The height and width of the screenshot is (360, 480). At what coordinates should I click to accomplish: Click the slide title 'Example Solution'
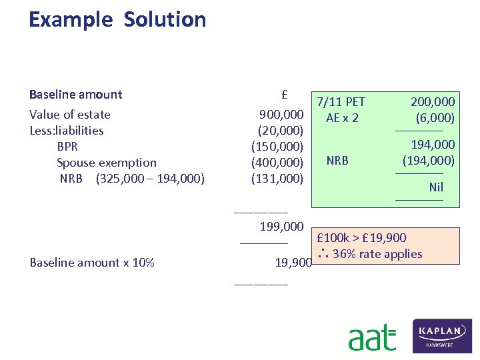[x=117, y=19]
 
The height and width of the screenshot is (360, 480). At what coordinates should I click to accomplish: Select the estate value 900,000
[x=282, y=114]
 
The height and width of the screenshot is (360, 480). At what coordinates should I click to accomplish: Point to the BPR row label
[x=67, y=147]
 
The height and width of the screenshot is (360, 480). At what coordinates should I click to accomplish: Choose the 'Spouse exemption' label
[x=107, y=163]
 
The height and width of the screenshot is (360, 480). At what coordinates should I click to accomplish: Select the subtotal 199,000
[x=281, y=227]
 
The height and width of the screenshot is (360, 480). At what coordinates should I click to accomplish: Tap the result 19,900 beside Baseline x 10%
[x=293, y=263]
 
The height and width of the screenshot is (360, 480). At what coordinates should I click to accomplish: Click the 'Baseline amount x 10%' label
[x=92, y=263]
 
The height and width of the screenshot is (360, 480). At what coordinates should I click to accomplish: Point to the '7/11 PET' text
[x=341, y=102]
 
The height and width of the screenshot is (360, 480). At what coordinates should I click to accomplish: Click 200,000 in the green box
[x=433, y=102]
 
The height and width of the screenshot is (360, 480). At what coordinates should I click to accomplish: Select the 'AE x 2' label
[x=342, y=118]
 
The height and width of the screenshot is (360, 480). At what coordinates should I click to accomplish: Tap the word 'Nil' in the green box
[x=436, y=187]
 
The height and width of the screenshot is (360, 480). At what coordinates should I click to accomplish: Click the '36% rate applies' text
[x=377, y=254]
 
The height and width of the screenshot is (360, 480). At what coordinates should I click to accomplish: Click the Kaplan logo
[x=443, y=335]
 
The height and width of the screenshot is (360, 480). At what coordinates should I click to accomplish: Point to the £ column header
[x=284, y=94]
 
